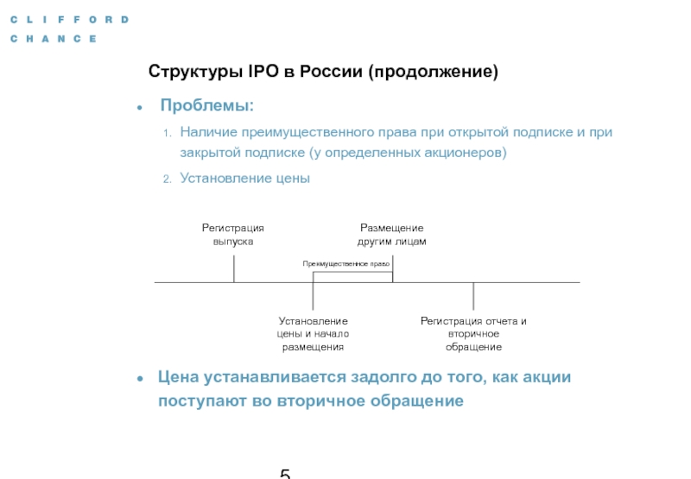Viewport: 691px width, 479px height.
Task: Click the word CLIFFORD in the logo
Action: [x=70, y=19]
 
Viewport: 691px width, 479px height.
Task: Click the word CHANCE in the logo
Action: [x=54, y=39]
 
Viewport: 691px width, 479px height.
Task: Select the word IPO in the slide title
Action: [x=263, y=71]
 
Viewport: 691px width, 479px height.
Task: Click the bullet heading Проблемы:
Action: [x=206, y=106]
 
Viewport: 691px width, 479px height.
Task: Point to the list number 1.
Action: [x=168, y=134]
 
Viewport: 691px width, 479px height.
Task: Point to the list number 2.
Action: [x=168, y=179]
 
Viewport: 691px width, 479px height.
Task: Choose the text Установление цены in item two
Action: [x=244, y=179]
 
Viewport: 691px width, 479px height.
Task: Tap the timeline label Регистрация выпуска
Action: [x=233, y=235]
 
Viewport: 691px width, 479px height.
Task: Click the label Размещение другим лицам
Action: [x=392, y=235]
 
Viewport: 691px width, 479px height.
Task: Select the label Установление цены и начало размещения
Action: [x=313, y=334]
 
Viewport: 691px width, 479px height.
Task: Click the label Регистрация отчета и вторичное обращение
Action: [x=473, y=334]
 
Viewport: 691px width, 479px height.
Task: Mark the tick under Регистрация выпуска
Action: [x=234, y=270]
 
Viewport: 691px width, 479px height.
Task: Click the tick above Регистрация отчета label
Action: [x=473, y=294]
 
